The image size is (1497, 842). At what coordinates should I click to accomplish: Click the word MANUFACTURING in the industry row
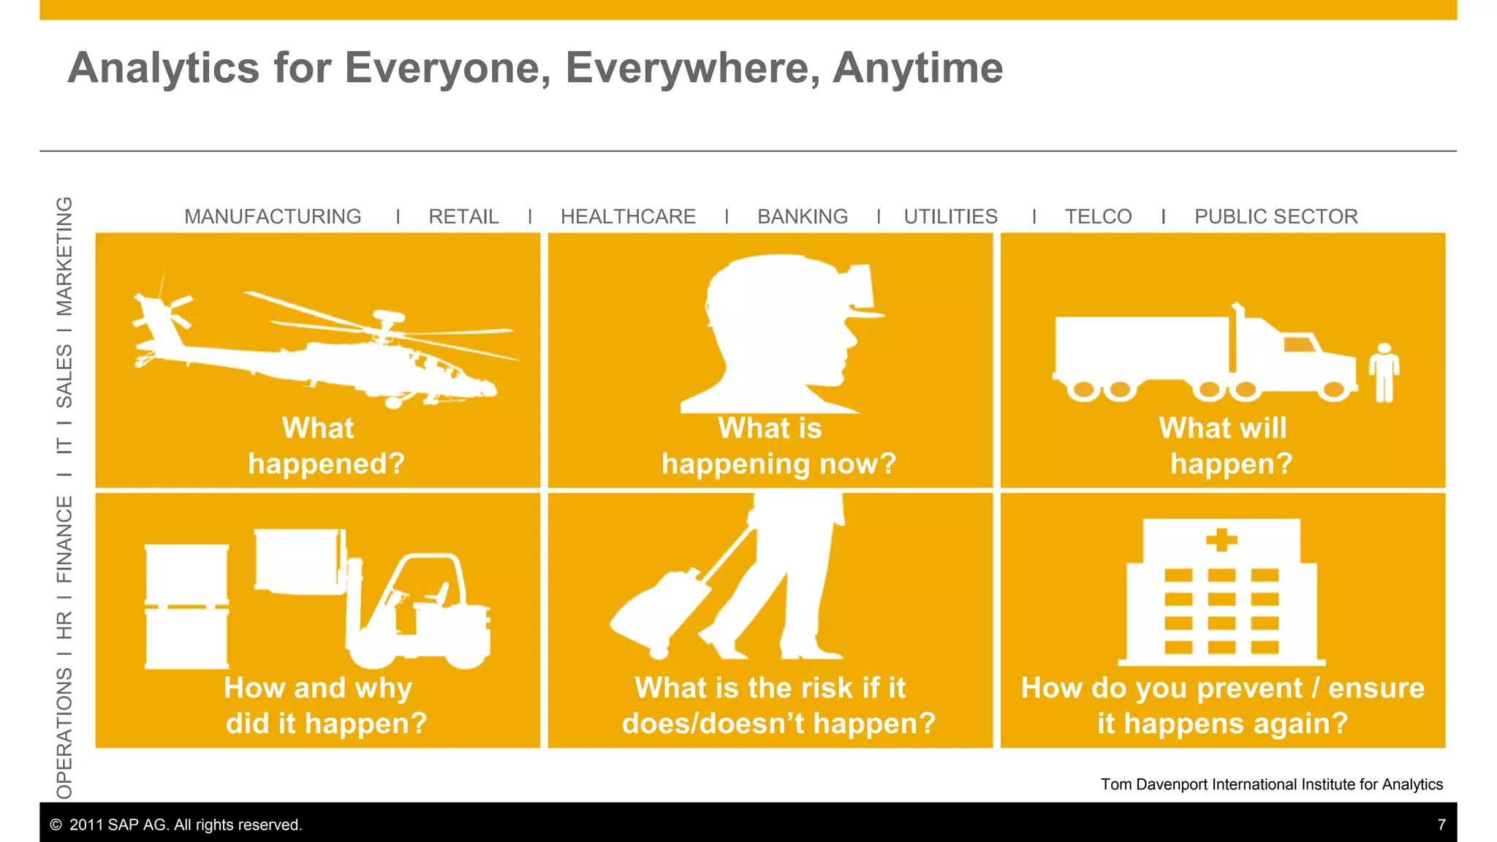point(273,216)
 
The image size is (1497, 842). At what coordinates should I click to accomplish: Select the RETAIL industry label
point(463,216)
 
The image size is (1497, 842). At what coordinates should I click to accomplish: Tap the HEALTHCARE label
point(628,216)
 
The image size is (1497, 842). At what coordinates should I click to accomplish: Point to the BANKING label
point(803,216)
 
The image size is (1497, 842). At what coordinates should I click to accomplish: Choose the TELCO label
point(1098,216)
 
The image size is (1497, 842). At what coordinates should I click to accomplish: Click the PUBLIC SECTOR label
point(1276,216)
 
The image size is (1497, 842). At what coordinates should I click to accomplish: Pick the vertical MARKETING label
point(65,256)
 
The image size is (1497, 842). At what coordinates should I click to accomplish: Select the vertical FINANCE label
point(65,539)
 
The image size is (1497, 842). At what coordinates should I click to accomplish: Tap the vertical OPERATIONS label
point(65,732)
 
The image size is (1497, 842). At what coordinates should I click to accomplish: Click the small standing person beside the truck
point(1384,373)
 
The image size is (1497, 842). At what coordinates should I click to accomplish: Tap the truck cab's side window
point(1299,344)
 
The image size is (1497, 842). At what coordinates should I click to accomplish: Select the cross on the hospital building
point(1221,541)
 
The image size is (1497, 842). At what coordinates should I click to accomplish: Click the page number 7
point(1441,824)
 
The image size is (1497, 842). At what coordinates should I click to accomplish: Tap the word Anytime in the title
point(917,68)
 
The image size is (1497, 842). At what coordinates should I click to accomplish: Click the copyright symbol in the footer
point(56,825)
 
